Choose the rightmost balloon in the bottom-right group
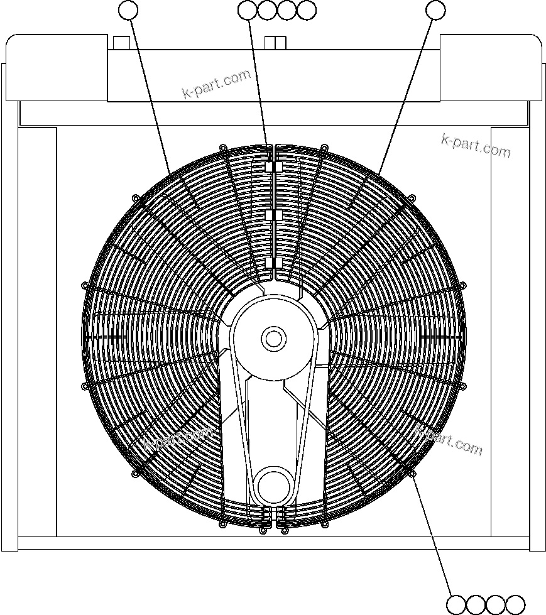(515, 604)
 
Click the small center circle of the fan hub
(273, 339)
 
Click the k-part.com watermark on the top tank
(216, 85)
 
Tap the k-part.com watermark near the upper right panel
(476, 146)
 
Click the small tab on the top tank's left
(121, 42)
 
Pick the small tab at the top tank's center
(275, 42)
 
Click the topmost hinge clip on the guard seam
(270, 167)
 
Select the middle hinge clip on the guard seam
(270, 215)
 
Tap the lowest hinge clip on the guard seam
(270, 263)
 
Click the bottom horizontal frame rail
(273, 543)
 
